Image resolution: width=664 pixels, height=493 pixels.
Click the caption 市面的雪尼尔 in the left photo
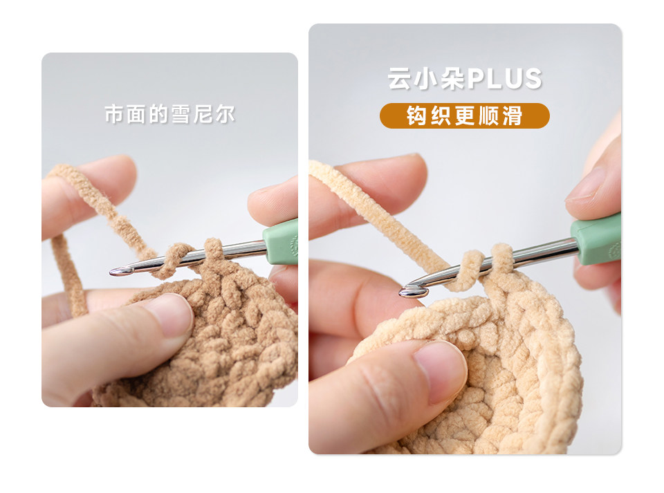click(170, 114)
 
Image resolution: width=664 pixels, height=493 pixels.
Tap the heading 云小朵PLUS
click(465, 79)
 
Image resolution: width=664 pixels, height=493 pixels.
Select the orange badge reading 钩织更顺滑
click(465, 115)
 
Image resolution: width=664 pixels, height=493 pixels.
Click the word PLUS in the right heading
click(504, 79)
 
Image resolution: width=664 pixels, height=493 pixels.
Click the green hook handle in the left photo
click(280, 242)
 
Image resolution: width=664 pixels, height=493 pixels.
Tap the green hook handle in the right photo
click(596, 239)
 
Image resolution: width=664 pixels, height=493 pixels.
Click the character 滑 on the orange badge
click(513, 116)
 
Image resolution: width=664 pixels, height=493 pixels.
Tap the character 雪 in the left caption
click(181, 115)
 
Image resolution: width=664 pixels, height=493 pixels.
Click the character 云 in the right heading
click(399, 79)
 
